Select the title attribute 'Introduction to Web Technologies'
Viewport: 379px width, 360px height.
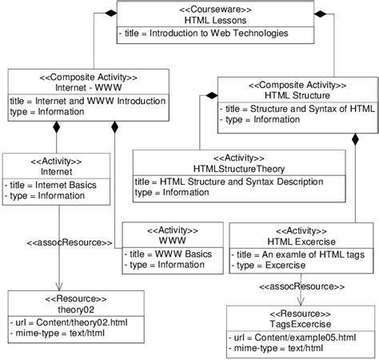pyautogui.click(x=206, y=34)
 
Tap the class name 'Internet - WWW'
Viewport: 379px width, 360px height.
pyautogui.click(x=89, y=89)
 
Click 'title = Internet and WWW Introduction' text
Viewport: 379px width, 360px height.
pyautogui.click(x=89, y=102)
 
